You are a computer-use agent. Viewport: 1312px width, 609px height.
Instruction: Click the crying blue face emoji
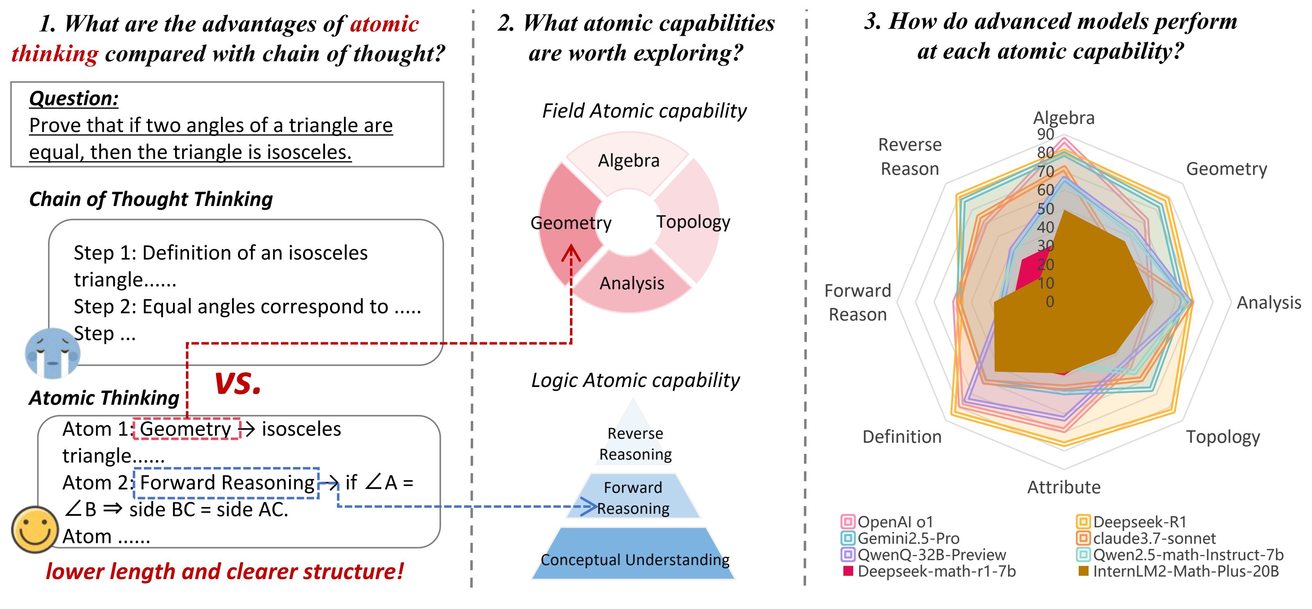[x=52, y=353]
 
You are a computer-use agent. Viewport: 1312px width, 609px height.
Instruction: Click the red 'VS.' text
[x=237, y=384]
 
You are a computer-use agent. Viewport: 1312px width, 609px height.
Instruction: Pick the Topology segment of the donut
[x=692, y=222]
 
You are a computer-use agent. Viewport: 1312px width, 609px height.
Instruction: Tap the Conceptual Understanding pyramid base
[x=634, y=559]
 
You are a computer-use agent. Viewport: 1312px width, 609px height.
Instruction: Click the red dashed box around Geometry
[x=186, y=428]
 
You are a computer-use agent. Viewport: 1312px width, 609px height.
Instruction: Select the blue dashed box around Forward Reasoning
[x=227, y=482]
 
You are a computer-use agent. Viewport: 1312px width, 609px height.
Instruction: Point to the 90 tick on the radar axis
[x=1045, y=134]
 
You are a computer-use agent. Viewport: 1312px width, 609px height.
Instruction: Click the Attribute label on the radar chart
[x=1064, y=487]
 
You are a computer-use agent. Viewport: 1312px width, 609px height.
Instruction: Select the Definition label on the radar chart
[x=902, y=437]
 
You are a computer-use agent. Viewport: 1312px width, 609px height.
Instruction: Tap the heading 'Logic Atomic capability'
[x=635, y=380]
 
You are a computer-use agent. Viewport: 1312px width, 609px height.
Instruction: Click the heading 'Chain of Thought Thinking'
[x=151, y=199]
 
